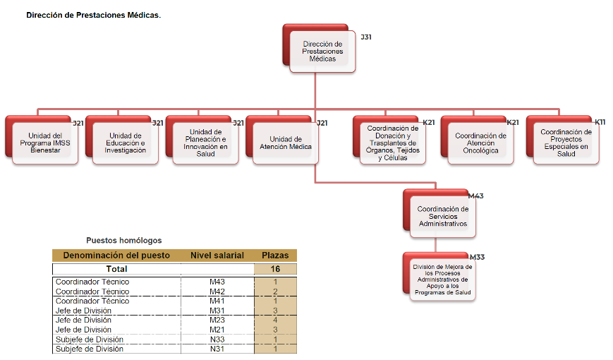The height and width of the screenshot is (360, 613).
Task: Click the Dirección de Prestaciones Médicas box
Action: [x=322, y=52]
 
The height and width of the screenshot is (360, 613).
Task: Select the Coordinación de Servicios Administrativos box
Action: [x=442, y=216]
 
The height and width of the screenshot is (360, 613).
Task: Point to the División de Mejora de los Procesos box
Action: [x=442, y=279]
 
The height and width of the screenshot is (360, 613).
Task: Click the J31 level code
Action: [x=365, y=37]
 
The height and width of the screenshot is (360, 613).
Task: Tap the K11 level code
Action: [x=600, y=122]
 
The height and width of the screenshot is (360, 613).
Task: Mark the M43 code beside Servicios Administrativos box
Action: [x=476, y=196]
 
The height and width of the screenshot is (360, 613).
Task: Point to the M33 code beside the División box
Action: [x=477, y=257]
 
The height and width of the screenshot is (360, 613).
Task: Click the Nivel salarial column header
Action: [x=217, y=255]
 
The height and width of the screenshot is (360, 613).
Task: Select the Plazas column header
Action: [x=275, y=255]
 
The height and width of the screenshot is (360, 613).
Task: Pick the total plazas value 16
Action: [x=275, y=269]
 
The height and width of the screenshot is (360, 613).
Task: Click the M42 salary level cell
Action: [x=217, y=292]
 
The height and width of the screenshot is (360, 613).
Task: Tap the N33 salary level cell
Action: [x=217, y=340]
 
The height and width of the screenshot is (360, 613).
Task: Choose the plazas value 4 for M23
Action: [x=275, y=320]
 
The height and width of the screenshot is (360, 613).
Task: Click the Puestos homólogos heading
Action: [x=123, y=241]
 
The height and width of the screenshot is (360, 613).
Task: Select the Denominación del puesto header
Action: [x=117, y=255]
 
